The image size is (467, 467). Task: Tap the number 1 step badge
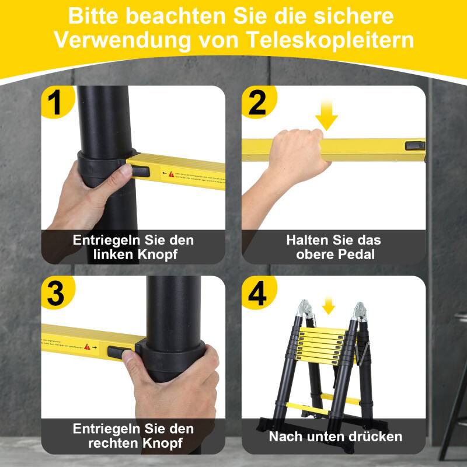click(x=56, y=103)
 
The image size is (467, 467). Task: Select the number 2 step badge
click(x=257, y=103)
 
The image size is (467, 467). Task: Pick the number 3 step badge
click(x=56, y=294)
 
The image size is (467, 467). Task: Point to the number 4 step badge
click(x=257, y=294)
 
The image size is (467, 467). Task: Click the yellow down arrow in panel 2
click(x=327, y=119)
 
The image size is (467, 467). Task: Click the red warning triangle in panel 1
click(x=172, y=174)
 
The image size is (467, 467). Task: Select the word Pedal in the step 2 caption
click(x=358, y=255)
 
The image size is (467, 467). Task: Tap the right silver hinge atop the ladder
click(x=360, y=311)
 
